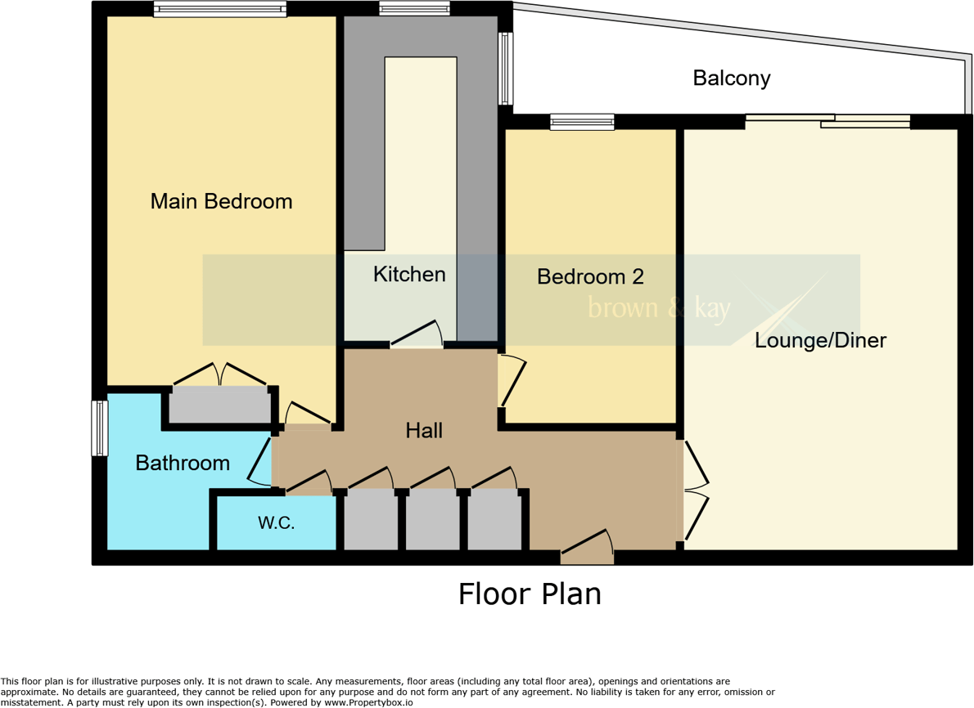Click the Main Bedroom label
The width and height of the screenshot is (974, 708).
pos(221,201)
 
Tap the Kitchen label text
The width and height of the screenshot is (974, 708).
pos(409,275)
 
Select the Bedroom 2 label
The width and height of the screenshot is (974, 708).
pos(590,277)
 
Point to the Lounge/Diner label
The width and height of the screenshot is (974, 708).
pos(820,341)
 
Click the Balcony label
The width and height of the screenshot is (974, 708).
pos(732,78)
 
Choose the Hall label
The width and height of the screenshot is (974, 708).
pos(424,430)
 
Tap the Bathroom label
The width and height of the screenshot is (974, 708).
pos(183,464)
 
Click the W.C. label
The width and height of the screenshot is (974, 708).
pos(277,523)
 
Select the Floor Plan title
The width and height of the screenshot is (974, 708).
pos(530,594)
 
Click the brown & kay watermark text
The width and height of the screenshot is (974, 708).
pos(660,309)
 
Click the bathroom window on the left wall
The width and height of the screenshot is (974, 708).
pos(99,428)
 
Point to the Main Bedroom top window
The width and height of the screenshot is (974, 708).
pos(219,9)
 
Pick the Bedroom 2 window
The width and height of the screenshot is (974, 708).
pos(582,122)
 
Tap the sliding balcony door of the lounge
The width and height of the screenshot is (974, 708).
pos(827,121)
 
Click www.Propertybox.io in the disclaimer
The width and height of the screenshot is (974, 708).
pos(369,702)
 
